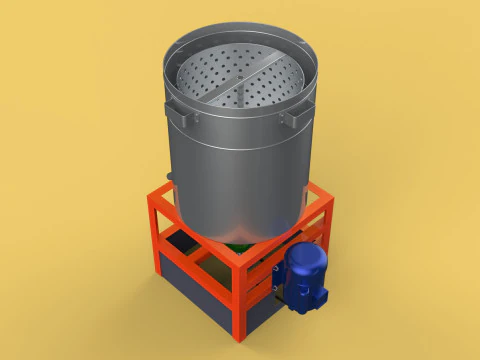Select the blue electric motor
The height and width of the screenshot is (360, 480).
point(303,274)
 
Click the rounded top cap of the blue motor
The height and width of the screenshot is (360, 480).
point(304,257)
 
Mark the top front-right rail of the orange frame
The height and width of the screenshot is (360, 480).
point(290,235)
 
